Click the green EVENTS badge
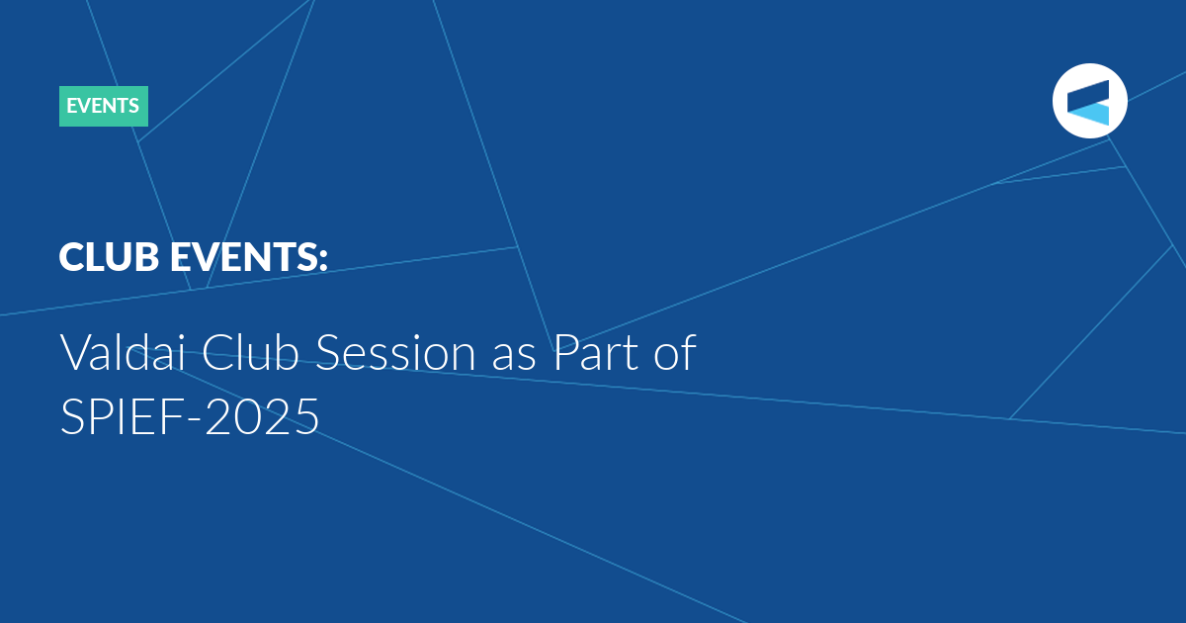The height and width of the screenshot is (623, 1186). point(104,106)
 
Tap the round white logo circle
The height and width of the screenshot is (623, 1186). point(1089,101)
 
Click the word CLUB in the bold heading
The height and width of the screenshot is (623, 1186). point(109,257)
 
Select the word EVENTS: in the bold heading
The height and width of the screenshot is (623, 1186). point(249,257)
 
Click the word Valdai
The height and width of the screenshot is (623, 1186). point(124,352)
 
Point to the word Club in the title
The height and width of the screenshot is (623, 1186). point(250,352)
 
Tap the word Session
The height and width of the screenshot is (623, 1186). point(395,352)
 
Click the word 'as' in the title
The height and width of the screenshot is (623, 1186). point(514,358)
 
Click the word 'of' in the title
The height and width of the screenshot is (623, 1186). point(675,352)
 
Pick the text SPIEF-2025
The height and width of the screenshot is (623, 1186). point(190,416)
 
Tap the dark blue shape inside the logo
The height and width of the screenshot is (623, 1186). point(1088,94)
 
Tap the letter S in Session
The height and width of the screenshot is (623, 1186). point(327,352)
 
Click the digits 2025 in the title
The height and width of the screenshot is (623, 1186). point(262,416)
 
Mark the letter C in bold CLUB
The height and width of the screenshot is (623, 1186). point(72,257)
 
